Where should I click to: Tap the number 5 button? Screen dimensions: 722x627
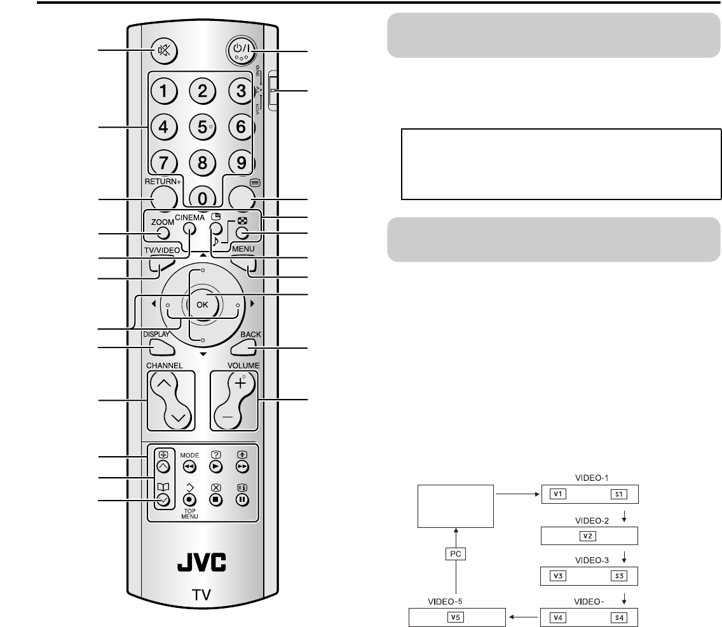coord(203,126)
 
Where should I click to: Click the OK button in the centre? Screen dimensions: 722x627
coord(203,304)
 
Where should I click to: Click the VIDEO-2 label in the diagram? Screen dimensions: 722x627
coord(589,520)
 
